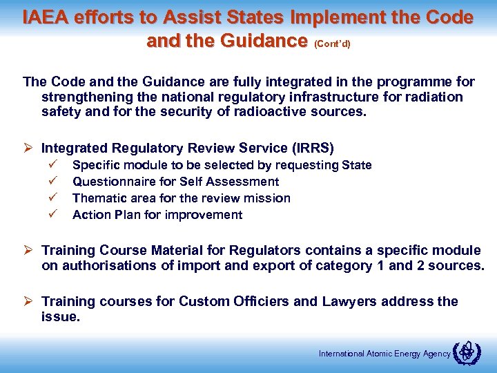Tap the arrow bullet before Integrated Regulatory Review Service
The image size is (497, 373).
coord(29,148)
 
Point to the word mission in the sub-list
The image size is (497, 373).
coord(269,198)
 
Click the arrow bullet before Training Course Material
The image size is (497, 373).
coord(29,250)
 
